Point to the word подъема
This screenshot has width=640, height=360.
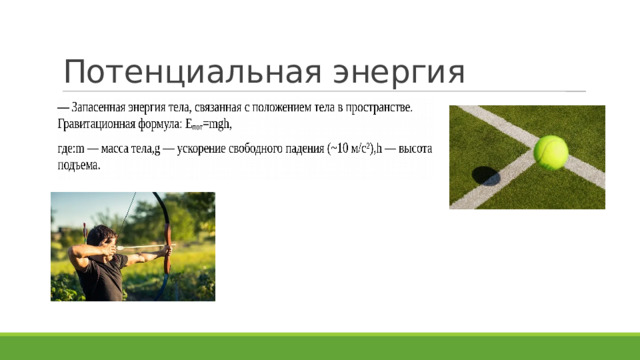coord(78,166)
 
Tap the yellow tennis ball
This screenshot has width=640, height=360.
coord(550,152)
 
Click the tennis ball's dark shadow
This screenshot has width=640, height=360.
coord(486,176)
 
